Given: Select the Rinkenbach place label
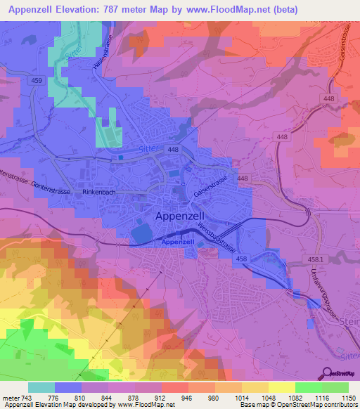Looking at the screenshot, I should (98, 192).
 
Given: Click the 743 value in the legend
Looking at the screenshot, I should (25, 398).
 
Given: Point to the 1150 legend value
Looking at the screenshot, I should (349, 398).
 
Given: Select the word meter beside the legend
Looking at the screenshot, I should (9, 398).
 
